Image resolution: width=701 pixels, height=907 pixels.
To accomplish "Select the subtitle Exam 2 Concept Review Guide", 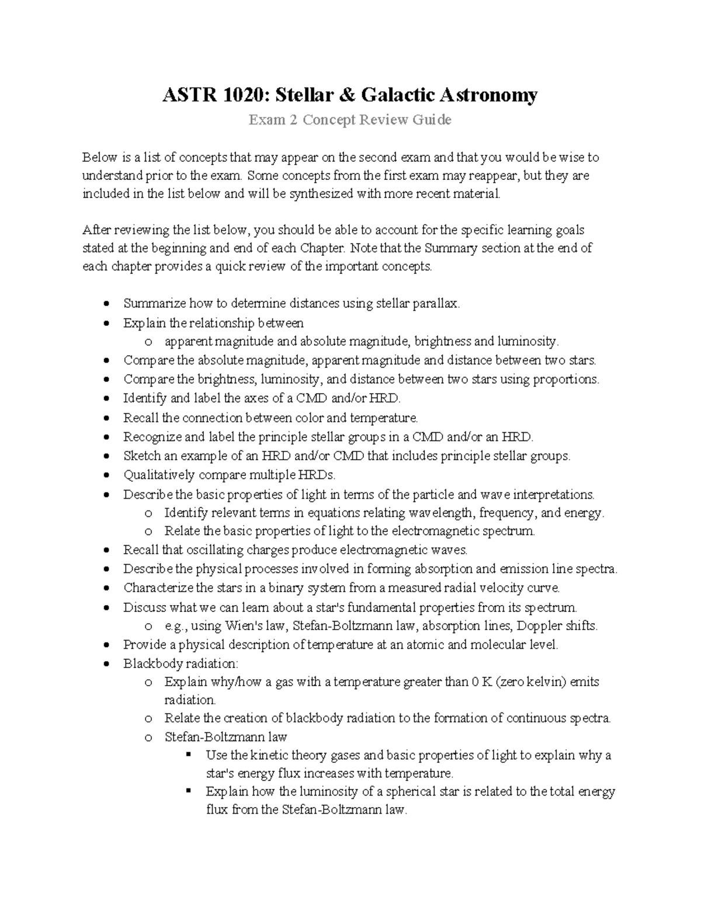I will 350,120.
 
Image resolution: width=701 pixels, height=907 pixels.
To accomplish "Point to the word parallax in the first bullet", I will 436,304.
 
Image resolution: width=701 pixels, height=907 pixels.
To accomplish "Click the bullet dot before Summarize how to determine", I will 105,304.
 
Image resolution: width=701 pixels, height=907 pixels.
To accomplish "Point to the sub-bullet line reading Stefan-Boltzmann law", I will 225,737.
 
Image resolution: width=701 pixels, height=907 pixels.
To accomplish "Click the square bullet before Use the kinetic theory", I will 188,755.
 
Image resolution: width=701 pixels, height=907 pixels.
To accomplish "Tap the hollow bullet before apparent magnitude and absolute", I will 149,342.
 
